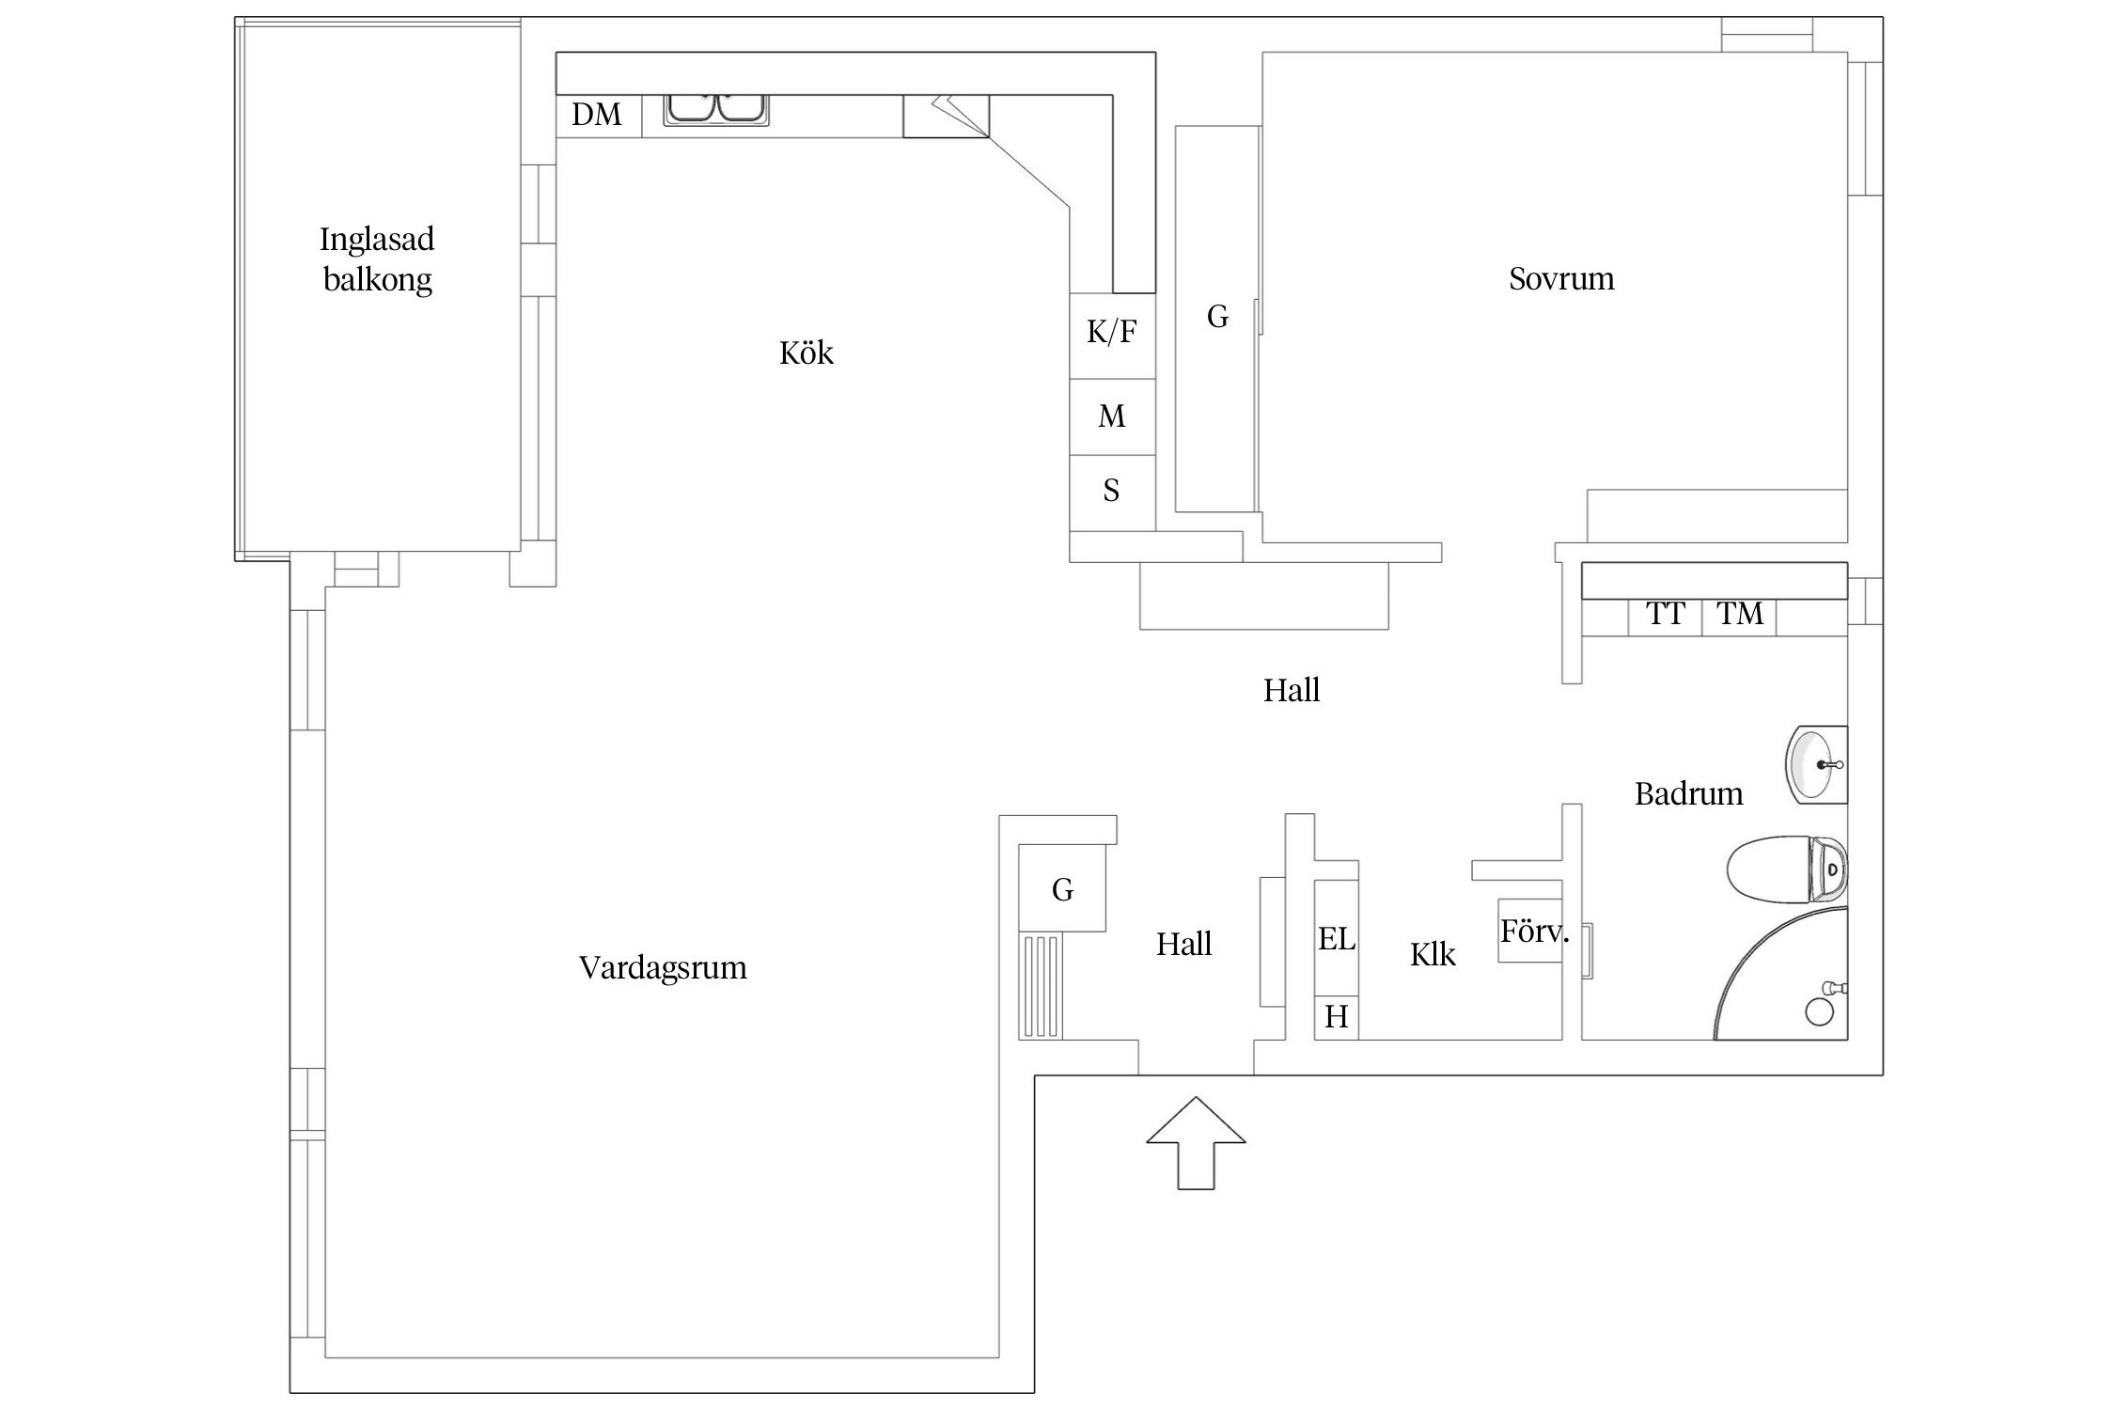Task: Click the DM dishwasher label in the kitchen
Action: (597, 115)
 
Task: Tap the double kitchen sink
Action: (716, 109)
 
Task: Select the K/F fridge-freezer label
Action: (1111, 331)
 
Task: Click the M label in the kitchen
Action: (1112, 415)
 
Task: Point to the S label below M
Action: (1111, 491)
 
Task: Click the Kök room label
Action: (807, 352)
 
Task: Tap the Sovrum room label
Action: (1561, 278)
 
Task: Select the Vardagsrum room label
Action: (663, 967)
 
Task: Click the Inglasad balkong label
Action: (377, 259)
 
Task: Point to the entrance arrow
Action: (1196, 1142)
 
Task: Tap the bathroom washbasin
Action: (1816, 765)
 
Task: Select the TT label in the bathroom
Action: (1666, 614)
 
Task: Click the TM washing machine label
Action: (1740, 614)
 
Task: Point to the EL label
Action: (1337, 938)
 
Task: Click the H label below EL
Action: (1337, 1016)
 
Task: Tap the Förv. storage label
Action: (1534, 932)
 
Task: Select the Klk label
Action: (1433, 955)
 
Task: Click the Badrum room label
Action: (1688, 794)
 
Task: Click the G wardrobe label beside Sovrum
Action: (1217, 317)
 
